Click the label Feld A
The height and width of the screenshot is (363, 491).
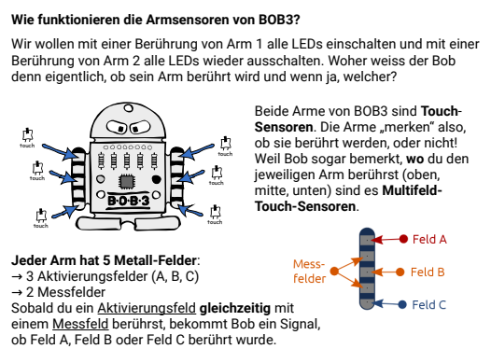click(x=428, y=239)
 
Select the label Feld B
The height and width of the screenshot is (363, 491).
click(x=428, y=272)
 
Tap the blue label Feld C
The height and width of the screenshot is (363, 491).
click(x=428, y=304)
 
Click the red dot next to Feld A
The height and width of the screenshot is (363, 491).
click(x=404, y=239)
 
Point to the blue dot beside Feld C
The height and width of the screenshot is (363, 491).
click(x=403, y=304)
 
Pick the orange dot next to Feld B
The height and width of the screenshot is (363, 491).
click(x=402, y=272)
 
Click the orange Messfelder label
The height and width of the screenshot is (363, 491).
click(x=309, y=272)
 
